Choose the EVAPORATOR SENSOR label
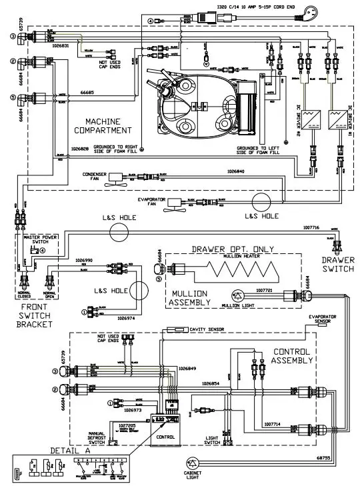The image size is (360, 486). [x=327, y=319]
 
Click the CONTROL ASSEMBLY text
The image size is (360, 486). [x=293, y=355]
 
